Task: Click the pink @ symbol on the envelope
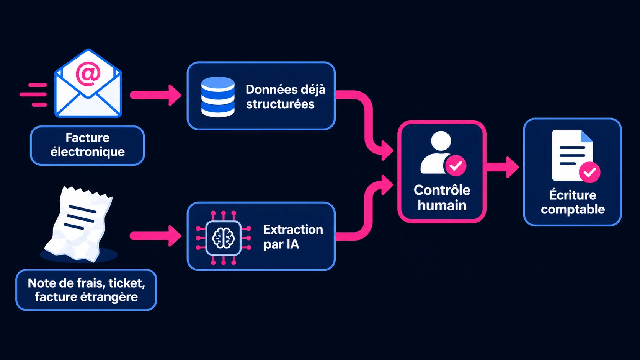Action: point(88,74)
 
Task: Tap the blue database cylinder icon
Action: point(218,97)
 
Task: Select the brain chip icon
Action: point(224,238)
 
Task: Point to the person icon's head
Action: point(441,141)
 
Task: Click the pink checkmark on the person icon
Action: point(456,166)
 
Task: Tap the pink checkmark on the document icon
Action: point(590,172)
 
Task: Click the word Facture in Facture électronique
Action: point(87,138)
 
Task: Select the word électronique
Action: point(87,151)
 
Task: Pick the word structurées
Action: point(280,104)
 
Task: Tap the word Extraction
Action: point(293,230)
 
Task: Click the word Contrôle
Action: point(442,190)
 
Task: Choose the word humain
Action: point(442,205)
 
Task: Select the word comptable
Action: point(573,210)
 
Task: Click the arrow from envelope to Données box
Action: point(156,95)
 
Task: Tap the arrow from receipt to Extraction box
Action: point(156,236)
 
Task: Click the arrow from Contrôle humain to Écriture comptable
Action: point(502,167)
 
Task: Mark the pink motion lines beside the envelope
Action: point(33,95)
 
